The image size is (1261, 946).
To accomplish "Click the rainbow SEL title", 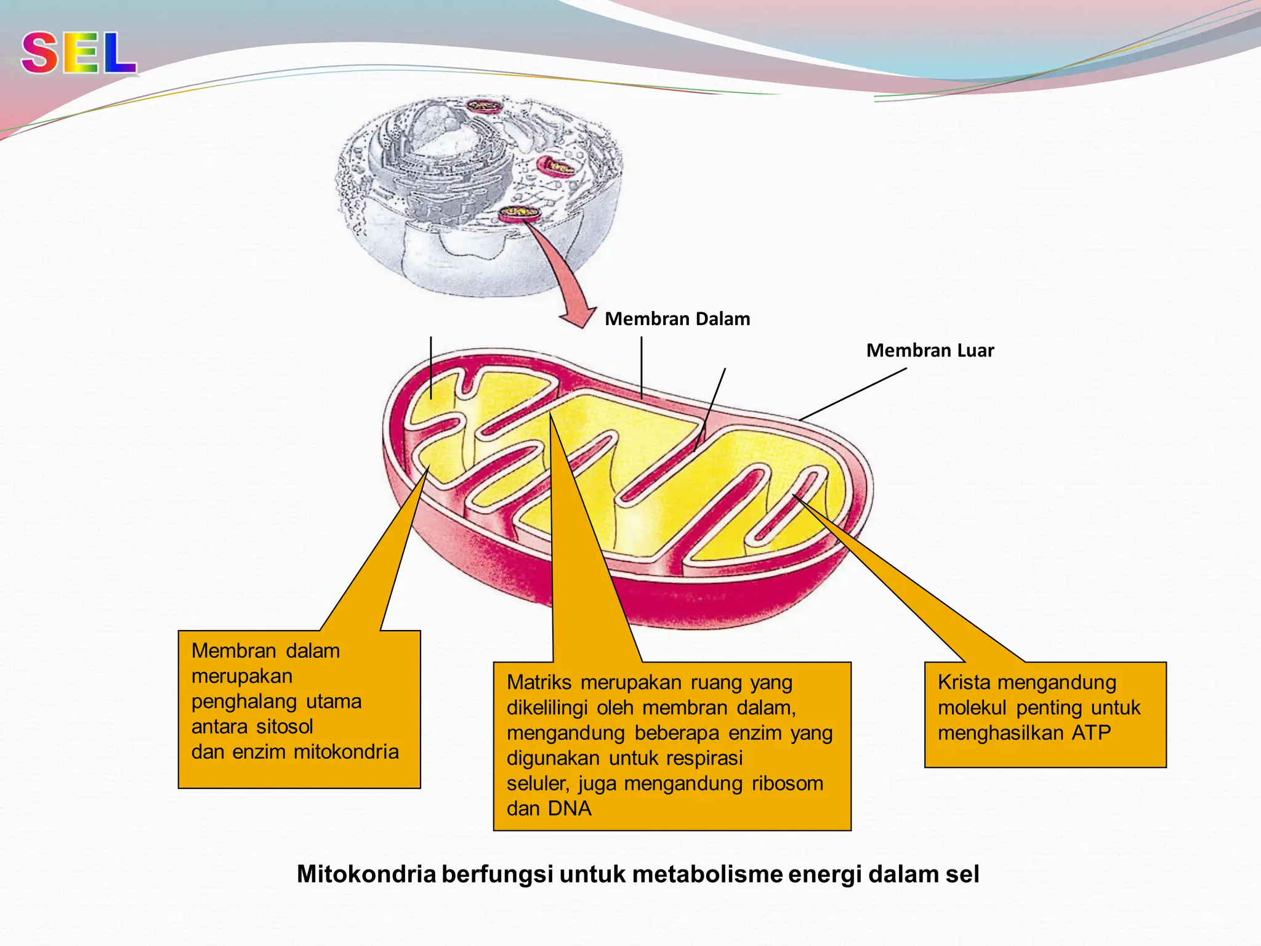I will pyautogui.click(x=79, y=54).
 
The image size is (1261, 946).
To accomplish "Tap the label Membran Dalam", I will pyautogui.click(x=677, y=319).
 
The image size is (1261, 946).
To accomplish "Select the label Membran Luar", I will pyautogui.click(x=930, y=350).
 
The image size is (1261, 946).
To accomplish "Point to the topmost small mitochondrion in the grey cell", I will pyautogui.click(x=485, y=106).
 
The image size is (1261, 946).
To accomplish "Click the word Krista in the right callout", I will pyautogui.click(x=964, y=682).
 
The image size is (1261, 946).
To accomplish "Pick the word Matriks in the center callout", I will pyautogui.click(x=539, y=682).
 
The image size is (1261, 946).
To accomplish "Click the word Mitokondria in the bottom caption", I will pyautogui.click(x=366, y=875).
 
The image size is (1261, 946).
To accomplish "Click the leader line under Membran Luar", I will pyautogui.click(x=853, y=394).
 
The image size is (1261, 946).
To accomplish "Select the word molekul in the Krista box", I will pyautogui.click(x=972, y=708).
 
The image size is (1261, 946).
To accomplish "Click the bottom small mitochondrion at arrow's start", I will pyautogui.click(x=519, y=214).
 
